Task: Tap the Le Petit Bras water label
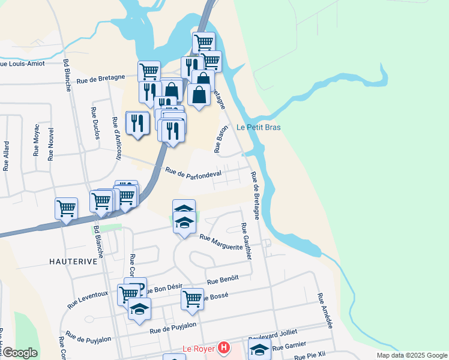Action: pos(259,127)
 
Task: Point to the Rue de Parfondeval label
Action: pos(193,173)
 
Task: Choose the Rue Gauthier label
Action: pos(246,241)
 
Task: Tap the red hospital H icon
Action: pos(224,347)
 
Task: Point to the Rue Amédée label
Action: pos(325,307)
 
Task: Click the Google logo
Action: pos(20,353)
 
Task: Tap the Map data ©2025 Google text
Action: pos(411,355)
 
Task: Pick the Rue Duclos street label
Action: pos(95,123)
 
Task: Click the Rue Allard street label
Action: pos(7,156)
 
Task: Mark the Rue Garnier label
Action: pos(289,346)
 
